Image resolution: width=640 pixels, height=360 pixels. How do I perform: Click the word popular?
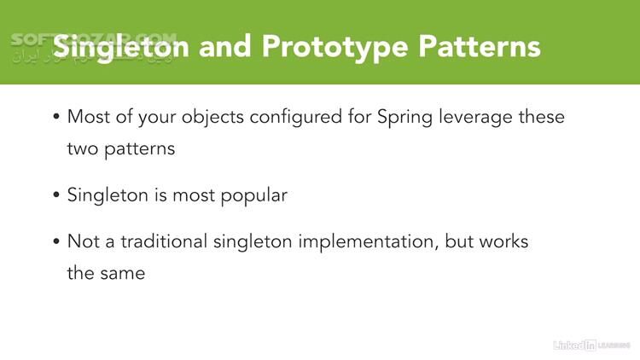click(255, 195)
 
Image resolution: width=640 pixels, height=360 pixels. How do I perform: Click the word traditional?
click(166, 241)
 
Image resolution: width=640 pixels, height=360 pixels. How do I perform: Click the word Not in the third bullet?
click(81, 241)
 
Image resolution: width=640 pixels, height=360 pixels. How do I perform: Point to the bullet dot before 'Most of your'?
click(56, 118)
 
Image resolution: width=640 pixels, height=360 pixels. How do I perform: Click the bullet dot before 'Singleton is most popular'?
click(56, 195)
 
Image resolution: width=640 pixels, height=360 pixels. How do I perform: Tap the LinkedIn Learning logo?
click(591, 345)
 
